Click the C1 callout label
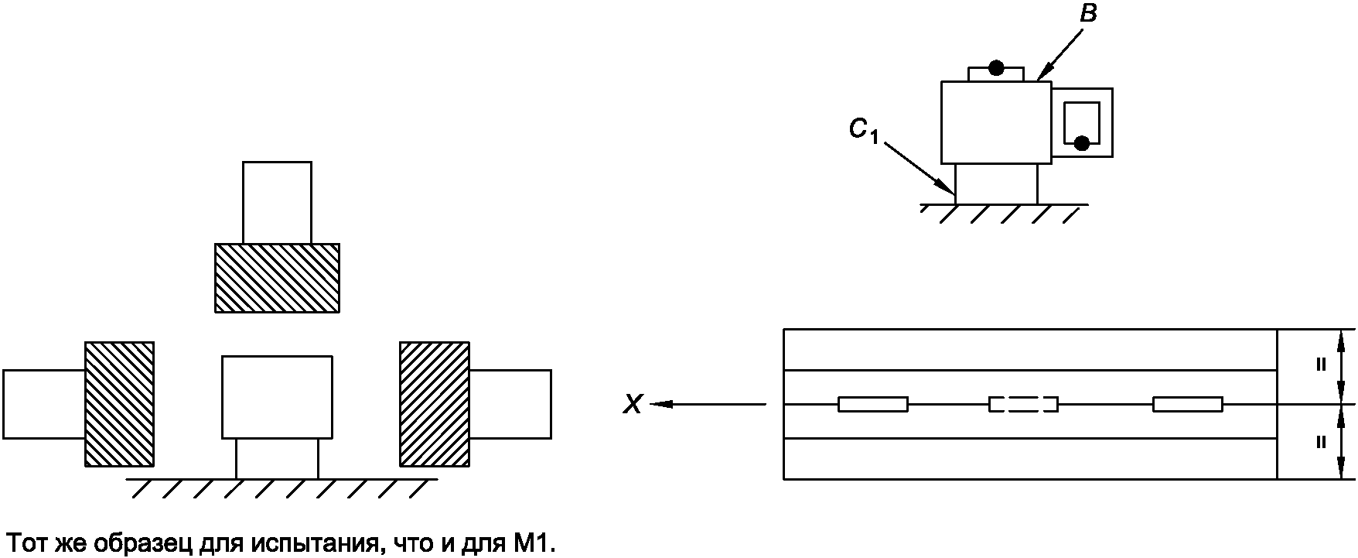863,132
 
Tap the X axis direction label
633,404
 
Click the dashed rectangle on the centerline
1023,404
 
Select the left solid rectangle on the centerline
873,404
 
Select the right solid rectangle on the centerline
1187,404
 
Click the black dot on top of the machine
996,68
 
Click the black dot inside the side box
1082,142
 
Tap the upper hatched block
277,278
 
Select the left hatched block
119,404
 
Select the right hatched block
434,404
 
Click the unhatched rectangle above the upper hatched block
277,203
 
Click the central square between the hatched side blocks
277,397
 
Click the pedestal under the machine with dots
996,184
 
